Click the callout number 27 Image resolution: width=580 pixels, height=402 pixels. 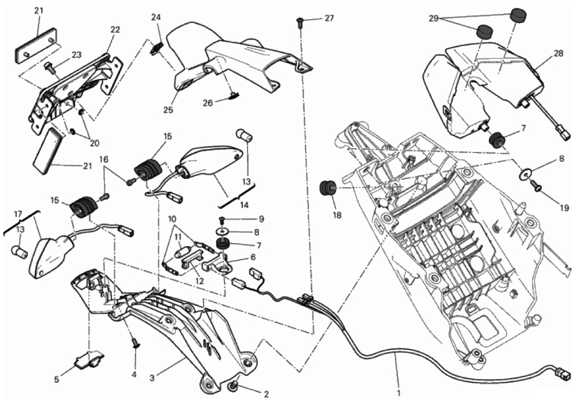pos(330,18)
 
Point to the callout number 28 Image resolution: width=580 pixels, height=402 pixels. pos(558,53)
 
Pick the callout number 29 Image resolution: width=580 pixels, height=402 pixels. pos(434,18)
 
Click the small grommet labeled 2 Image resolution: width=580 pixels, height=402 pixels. pos(233,388)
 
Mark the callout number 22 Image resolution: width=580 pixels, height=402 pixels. pos(115,29)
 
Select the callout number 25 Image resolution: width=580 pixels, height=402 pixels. pos(169,110)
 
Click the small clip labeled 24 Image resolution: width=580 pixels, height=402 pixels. pos(157,48)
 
